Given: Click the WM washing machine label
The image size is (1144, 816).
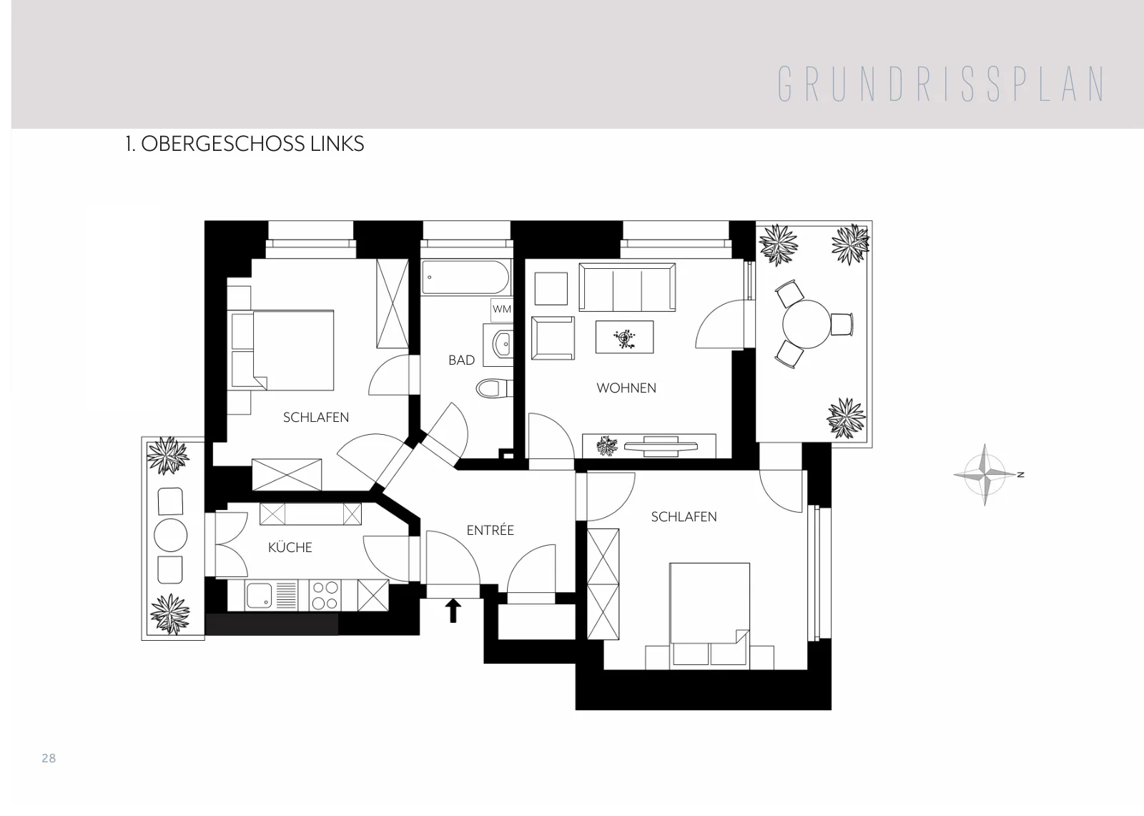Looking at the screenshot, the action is point(501,309).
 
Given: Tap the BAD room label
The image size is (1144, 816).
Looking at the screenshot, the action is point(462,360).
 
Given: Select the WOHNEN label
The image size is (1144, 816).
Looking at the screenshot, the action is point(626,388).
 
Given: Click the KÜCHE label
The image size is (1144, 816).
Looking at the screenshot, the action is point(290,547).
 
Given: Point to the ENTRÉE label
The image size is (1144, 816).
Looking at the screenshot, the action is point(490,530).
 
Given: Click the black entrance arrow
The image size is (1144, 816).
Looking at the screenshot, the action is point(453,611).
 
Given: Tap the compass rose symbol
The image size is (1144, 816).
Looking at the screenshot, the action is point(986,475).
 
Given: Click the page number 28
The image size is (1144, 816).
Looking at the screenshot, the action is point(49,758).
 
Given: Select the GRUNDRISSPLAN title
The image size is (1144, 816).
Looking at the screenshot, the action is point(941,84).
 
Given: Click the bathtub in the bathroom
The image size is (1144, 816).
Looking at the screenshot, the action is point(465,277).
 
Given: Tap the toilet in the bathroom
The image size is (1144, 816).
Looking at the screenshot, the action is point(494,389).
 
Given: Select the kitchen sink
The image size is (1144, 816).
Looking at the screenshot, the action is point(259,596).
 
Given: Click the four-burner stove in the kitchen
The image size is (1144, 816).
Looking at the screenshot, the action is point(325,595).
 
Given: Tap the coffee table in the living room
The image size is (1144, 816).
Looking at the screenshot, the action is point(624,337).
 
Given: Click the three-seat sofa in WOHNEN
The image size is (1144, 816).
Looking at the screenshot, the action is point(627,287).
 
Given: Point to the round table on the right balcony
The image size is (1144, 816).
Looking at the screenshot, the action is point(807,325).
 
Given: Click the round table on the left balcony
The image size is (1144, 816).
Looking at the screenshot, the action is point(171,535).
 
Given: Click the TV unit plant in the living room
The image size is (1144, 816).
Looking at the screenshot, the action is point(607,446).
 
